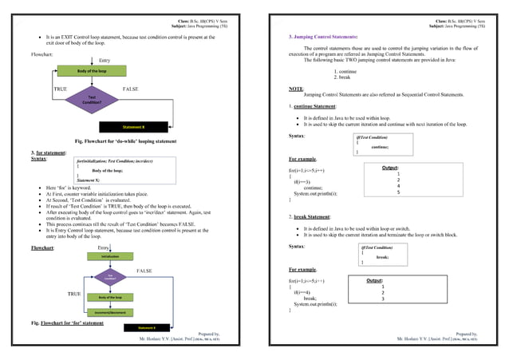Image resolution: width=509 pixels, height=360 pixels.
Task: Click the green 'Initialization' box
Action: [109, 256]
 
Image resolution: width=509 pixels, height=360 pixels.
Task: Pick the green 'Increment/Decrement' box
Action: [109, 311]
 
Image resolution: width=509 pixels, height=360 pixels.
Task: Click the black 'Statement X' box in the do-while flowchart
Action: [133, 126]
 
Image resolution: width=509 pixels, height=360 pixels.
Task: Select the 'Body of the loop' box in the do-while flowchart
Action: [93, 71]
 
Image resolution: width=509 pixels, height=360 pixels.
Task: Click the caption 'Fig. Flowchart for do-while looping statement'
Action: [124, 141]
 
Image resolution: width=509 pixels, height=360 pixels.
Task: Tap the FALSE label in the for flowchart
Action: [144, 271]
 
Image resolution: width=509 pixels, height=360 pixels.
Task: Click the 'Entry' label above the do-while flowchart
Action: [105, 61]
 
